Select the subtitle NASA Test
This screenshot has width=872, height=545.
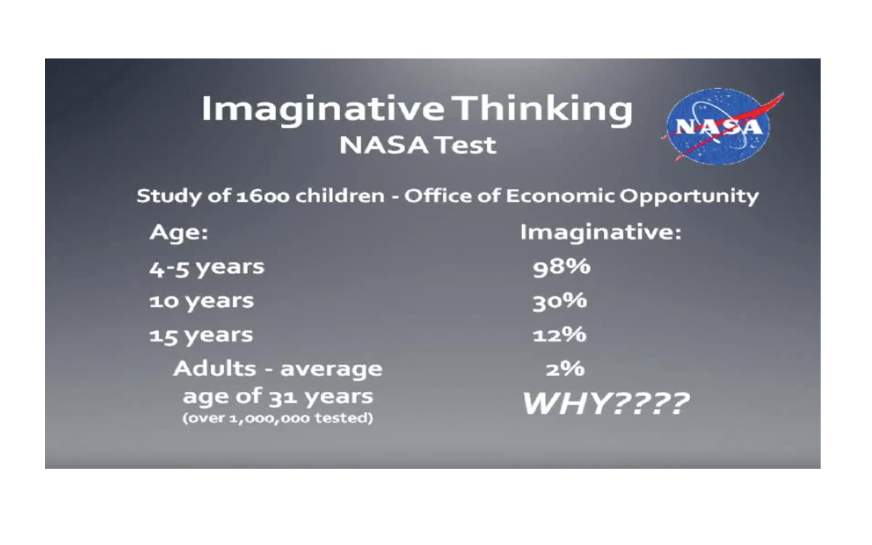click(418, 145)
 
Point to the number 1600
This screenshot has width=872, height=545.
click(263, 196)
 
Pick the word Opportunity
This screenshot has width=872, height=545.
click(689, 197)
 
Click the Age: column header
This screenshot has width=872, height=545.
click(179, 233)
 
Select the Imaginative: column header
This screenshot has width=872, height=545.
click(600, 233)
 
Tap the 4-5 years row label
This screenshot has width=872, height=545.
click(207, 268)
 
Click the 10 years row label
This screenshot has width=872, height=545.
click(201, 302)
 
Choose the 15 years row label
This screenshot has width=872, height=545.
click(201, 336)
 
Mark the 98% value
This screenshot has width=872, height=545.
click(561, 268)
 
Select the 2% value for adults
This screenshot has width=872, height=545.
click(565, 369)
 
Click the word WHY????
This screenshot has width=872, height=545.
click(606, 403)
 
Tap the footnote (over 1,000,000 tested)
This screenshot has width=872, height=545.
click(277, 418)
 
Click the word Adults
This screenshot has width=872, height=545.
click(215, 368)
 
